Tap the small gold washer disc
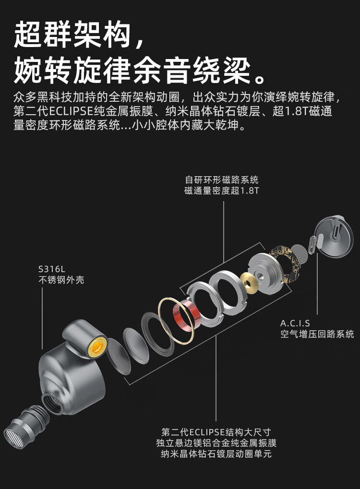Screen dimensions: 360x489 [251, 283]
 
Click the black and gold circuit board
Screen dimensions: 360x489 [285, 263]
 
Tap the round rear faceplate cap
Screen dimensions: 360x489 [334, 236]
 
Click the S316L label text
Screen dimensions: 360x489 [51, 269]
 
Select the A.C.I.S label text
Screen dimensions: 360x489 [295, 323]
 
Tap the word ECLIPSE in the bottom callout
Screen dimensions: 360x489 [207, 432]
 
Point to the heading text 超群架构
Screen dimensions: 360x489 [72, 34]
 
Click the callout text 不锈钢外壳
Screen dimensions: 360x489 [61, 280]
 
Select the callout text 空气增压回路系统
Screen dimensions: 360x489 [317, 334]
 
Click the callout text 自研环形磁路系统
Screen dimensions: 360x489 [221, 179]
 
